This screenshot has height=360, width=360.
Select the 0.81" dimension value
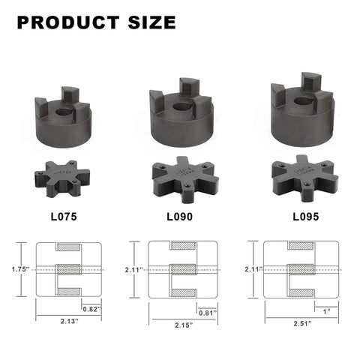point(208,312)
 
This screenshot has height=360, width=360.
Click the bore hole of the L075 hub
point(63,114)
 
